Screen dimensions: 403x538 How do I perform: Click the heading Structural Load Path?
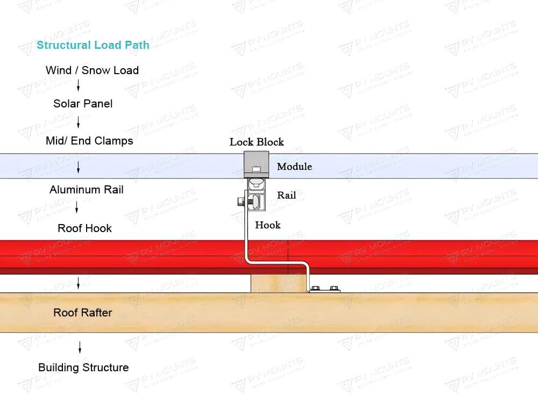point(93,45)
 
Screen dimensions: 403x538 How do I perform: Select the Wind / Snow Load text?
point(92,70)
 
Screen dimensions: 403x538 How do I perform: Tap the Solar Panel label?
point(83,104)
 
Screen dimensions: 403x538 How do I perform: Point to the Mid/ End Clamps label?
point(89,141)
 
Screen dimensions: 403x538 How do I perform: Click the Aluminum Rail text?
point(86,190)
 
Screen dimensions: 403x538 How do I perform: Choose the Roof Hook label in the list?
point(84,228)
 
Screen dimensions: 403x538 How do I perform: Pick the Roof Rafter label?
point(82,313)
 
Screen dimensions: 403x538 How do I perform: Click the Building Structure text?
point(83,368)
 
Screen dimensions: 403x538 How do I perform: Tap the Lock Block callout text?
point(257,142)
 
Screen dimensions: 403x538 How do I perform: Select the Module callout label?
point(294,167)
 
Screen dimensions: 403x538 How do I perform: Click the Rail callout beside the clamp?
point(286,195)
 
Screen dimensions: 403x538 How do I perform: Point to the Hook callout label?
point(267,225)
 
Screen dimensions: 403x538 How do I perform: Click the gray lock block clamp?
point(256,163)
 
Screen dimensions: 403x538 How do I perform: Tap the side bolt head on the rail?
point(240,202)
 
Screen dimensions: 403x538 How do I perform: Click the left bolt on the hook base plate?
point(316,289)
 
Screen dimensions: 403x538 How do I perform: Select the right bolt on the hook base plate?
point(334,289)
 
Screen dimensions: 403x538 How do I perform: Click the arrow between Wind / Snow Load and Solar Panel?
point(79,85)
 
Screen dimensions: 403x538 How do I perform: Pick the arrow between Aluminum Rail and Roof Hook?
point(77,207)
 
